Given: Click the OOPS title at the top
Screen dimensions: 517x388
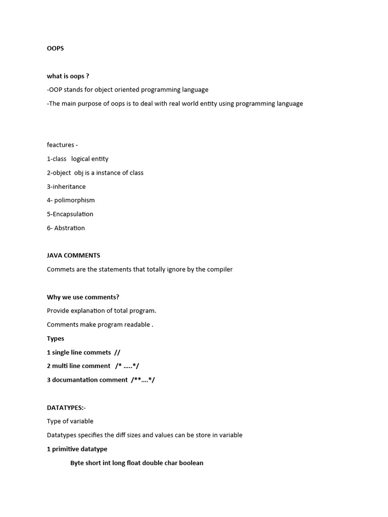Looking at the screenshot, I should click(56, 48).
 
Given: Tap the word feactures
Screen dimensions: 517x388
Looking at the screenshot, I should click(61, 145).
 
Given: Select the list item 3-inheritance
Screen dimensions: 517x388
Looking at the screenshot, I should click(66, 186).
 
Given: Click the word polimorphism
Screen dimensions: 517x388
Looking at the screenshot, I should click(75, 200).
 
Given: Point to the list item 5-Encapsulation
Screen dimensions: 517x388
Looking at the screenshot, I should click(70, 214).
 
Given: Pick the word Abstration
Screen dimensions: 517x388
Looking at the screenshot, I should click(70, 228).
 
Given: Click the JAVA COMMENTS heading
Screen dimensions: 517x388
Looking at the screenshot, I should click(74, 255).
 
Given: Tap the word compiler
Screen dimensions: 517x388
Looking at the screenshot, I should click(220, 269).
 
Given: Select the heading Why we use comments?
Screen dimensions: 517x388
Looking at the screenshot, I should click(83, 297).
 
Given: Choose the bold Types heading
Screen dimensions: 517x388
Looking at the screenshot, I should click(56, 338).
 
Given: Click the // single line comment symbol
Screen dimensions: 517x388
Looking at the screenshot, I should click(117, 352).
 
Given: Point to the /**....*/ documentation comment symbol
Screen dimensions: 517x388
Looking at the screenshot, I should click(143, 380).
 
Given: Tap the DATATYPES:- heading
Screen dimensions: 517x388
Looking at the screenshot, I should click(66, 407).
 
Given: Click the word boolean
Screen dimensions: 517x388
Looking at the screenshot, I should click(191, 462).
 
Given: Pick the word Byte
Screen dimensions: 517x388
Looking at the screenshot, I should click(78, 462).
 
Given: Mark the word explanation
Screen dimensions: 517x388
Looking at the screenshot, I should click(89, 311).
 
